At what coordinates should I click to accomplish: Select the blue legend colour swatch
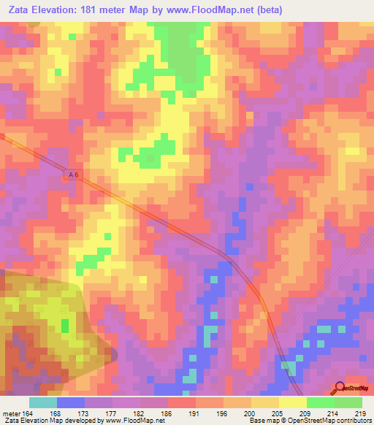(70, 403)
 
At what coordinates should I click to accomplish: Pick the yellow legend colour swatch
(292, 403)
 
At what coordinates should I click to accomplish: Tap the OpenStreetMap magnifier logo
(339, 388)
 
